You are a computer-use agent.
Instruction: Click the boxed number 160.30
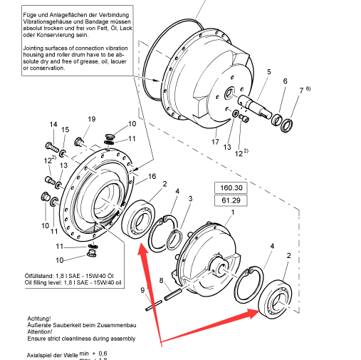coord(231,187)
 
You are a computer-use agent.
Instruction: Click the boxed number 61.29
coord(231,200)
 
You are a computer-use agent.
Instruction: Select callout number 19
coord(92,119)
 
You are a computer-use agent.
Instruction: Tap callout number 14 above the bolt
coord(53,124)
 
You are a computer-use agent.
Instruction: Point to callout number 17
coord(215,142)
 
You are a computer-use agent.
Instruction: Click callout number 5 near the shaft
coord(268,71)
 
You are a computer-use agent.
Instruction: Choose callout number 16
coord(152,176)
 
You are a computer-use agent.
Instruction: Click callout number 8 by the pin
coord(161,280)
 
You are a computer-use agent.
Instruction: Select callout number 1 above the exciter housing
coord(233,212)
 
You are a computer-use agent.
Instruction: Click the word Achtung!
coord(39,319)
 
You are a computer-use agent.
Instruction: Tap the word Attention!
coord(40,331)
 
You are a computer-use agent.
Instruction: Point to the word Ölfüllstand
coord(39,276)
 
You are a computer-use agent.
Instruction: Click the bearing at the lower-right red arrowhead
coord(276,299)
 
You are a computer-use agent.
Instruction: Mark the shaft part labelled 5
coord(254,106)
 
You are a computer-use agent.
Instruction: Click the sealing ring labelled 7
coord(286,125)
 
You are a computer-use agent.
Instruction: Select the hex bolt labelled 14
coord(52,147)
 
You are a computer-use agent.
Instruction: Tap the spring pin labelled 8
coord(173,294)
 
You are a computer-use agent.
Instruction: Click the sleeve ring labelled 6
coord(276,120)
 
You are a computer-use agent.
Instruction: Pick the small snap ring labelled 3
coord(174,240)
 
